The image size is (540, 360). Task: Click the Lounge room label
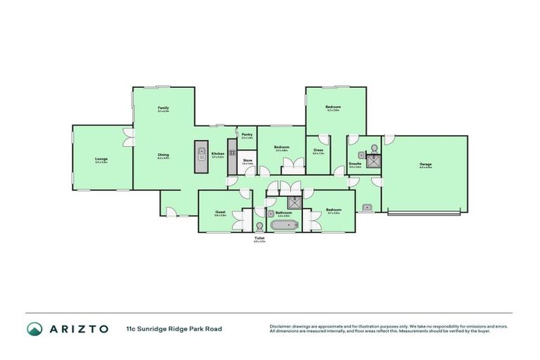click(x=101, y=159)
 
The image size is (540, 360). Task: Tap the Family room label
click(x=163, y=108)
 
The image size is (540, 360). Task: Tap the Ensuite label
click(x=355, y=164)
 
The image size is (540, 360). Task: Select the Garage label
click(x=425, y=164)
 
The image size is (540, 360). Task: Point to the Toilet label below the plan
click(x=259, y=238)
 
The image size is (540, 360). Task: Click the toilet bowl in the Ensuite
click(x=374, y=148)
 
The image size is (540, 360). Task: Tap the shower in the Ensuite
click(x=374, y=161)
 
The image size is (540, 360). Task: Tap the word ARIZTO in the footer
click(x=78, y=329)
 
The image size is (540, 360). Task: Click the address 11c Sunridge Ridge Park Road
click(x=174, y=329)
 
